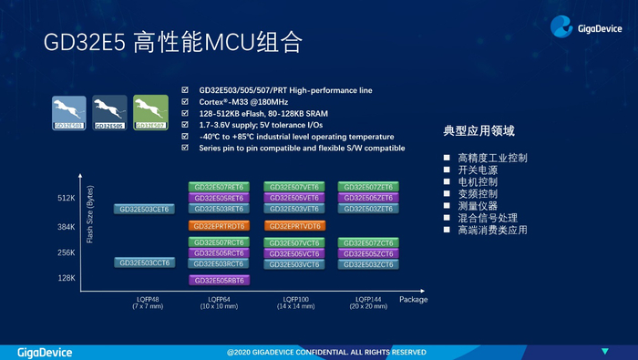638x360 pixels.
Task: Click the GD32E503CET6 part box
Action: (x=143, y=209)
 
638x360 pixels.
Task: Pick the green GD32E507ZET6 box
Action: (x=366, y=187)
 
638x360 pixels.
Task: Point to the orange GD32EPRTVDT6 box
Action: (x=293, y=225)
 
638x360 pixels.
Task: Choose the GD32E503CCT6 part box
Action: (x=143, y=262)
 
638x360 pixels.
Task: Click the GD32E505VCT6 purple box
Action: (x=293, y=253)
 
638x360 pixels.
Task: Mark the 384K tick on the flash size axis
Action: (x=65, y=225)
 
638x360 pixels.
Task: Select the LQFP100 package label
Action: (x=293, y=298)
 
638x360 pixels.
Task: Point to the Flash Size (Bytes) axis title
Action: (x=90, y=215)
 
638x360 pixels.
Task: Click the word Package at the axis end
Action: (x=412, y=298)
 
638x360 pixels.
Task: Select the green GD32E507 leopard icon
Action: (x=151, y=113)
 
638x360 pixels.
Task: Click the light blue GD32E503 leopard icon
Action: (x=69, y=113)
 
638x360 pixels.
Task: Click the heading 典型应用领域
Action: (x=478, y=132)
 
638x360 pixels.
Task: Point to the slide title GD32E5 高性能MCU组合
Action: (x=172, y=43)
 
